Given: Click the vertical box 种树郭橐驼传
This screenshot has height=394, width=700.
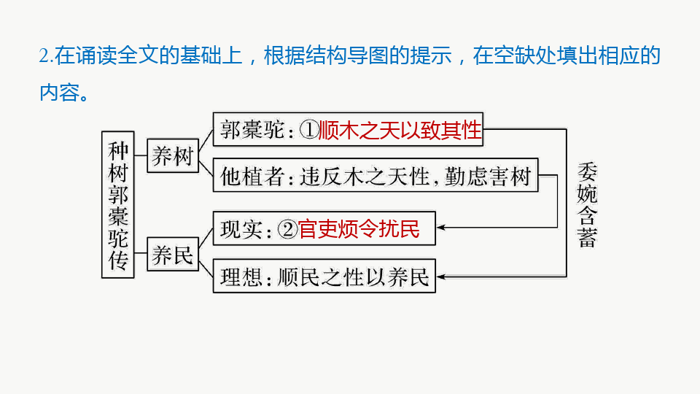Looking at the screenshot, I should point(118,204).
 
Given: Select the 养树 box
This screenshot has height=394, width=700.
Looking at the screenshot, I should point(172,155).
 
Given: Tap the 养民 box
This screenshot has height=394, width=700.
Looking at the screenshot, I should point(172,256).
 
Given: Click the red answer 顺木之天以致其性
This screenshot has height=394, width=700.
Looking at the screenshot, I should point(401,130).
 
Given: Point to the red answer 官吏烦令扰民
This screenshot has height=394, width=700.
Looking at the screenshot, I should point(359,230).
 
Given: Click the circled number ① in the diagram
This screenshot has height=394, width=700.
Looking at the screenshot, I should point(310,131).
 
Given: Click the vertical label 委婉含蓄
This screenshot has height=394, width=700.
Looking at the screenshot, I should point(587,205).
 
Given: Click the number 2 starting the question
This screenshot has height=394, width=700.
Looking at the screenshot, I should point(44,56).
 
